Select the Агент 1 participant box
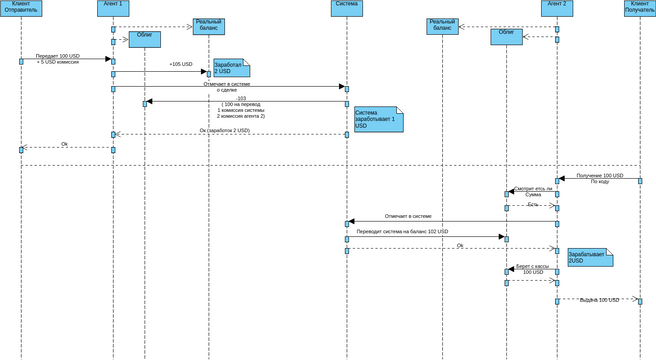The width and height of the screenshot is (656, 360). coord(113,4)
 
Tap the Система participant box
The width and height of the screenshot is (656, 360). coord(346,4)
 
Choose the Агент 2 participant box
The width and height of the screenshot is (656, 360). coord(557,4)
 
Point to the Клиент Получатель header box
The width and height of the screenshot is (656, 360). coord(640,7)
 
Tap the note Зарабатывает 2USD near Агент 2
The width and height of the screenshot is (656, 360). coord(589,257)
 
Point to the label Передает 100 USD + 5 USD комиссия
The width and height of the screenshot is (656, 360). coord(59,59)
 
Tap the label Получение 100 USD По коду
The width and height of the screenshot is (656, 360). coord(599,178)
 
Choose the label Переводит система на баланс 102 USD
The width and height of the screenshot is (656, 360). coord(417,232)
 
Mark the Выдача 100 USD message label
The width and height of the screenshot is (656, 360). coord(600,299)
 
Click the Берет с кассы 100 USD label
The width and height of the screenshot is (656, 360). coord(532,269)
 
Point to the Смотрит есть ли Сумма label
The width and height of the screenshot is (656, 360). coord(533,191)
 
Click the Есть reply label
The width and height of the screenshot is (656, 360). coord(532,204)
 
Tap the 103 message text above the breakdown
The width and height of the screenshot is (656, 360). coord(241,98)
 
